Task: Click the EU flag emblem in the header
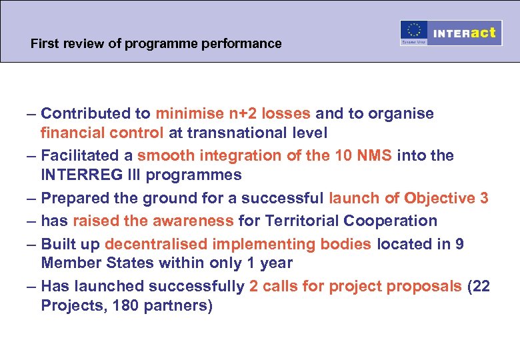[x=414, y=31]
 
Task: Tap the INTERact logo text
[x=465, y=33]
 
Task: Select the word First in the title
[x=44, y=44]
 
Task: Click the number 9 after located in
[x=459, y=244]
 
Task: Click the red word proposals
[x=420, y=287]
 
